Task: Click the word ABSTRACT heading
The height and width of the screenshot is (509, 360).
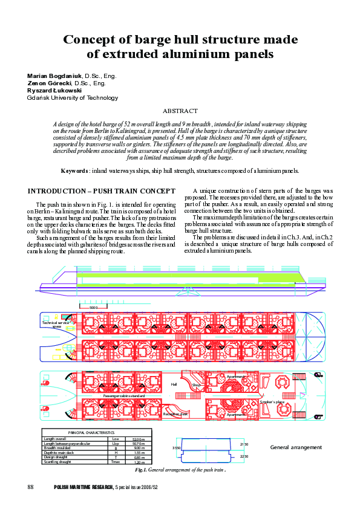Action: pos(180,111)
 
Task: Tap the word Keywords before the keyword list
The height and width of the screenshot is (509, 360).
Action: pos(79,171)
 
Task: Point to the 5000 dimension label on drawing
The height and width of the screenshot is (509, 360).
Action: pos(93,308)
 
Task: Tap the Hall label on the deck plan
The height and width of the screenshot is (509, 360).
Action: pos(174,384)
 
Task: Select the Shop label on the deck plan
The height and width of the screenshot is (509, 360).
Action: pos(195,384)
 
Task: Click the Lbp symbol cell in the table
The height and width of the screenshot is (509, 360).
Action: pos(115,444)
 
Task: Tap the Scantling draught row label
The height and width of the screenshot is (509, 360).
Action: pos(60,461)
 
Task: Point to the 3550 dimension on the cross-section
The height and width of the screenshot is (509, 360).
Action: pos(176,448)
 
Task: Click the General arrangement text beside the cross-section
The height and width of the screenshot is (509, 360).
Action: pos(296,447)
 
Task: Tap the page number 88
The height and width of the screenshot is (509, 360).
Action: pos(31,487)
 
